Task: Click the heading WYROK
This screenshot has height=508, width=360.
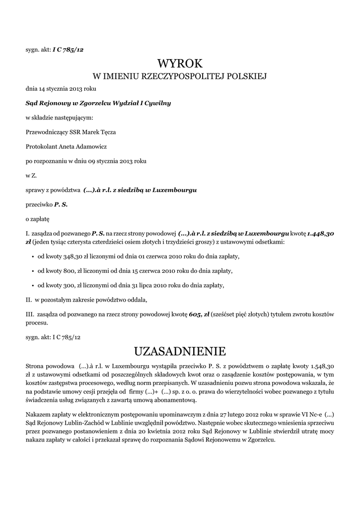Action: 180,63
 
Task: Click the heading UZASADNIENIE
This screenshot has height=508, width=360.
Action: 180,352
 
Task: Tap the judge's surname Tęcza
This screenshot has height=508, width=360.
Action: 107,132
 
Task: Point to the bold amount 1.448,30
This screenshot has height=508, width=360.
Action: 320,233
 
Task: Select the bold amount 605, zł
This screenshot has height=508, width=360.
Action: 199,314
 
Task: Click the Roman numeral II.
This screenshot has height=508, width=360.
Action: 28,300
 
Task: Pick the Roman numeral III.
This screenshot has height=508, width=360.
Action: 29,314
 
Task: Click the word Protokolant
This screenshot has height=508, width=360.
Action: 42,146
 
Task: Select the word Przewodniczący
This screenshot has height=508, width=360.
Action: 46,132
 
